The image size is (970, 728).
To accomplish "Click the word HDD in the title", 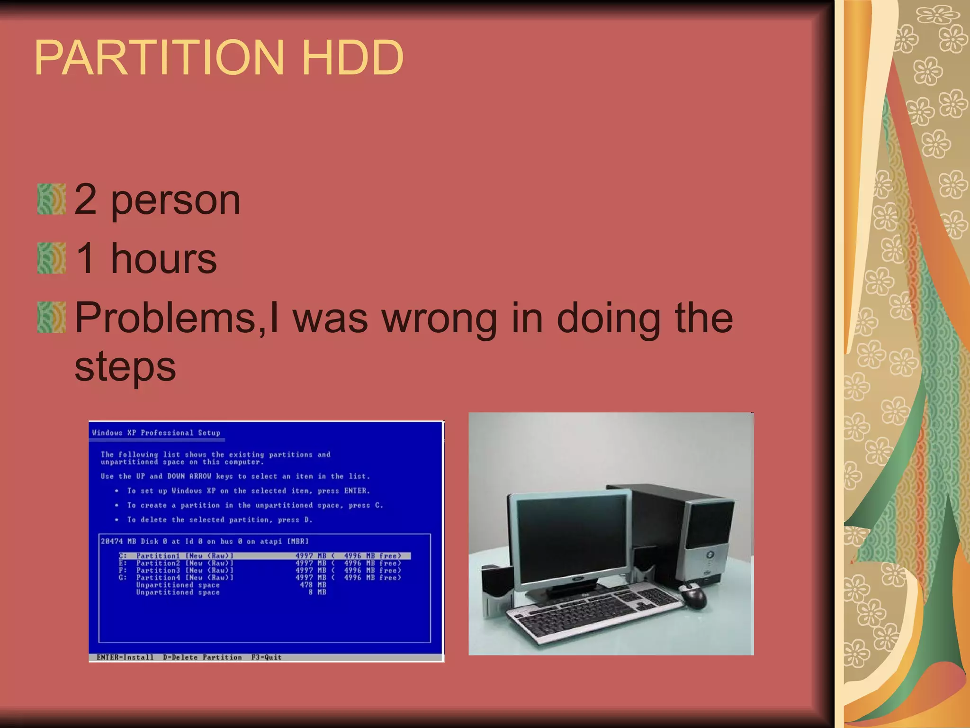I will tap(352, 58).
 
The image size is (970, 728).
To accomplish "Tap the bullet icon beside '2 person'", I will tap(51, 200).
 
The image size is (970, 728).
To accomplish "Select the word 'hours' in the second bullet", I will tap(163, 259).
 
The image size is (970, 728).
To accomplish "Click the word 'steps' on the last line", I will tap(125, 367).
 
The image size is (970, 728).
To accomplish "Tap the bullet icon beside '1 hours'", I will tap(51, 258).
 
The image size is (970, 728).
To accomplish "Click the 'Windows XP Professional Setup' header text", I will tap(156, 433).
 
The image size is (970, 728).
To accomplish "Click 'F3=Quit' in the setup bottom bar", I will tap(266, 657).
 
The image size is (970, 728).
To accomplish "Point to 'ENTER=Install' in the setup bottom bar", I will tap(125, 657).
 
